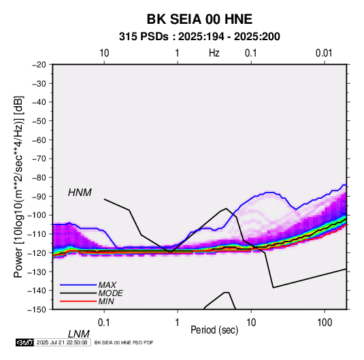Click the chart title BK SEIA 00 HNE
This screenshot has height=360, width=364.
pyautogui.click(x=199, y=19)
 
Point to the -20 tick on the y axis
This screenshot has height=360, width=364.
pyautogui.click(x=39, y=65)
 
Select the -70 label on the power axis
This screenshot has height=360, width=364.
pyautogui.click(x=39, y=159)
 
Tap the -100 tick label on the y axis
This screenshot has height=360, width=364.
pyautogui.click(x=37, y=215)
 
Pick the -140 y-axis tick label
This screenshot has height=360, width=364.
pyautogui.click(x=37, y=291)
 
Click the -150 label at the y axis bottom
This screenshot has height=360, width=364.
pyautogui.click(x=37, y=310)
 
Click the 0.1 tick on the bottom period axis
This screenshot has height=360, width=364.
pyautogui.click(x=104, y=323)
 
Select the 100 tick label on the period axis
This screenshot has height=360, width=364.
pyautogui.click(x=325, y=323)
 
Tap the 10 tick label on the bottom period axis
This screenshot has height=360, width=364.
pyautogui.click(x=251, y=323)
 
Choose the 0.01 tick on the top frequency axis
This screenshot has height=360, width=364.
pyautogui.click(x=324, y=53)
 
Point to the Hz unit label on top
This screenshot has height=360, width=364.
pyautogui.click(x=214, y=53)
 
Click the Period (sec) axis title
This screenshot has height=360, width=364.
pyautogui.click(x=214, y=330)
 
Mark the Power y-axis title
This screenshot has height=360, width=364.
pyautogui.click(x=18, y=186)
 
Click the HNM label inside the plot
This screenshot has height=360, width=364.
pyautogui.click(x=80, y=193)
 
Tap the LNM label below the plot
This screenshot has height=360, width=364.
pyautogui.click(x=79, y=334)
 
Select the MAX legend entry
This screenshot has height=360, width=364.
pyautogui.click(x=107, y=285)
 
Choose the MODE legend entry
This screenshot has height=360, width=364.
pyautogui.click(x=110, y=293)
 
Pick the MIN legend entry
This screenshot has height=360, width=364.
pyautogui.click(x=106, y=301)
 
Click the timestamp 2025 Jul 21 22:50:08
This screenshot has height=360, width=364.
pyautogui.click(x=62, y=342)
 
